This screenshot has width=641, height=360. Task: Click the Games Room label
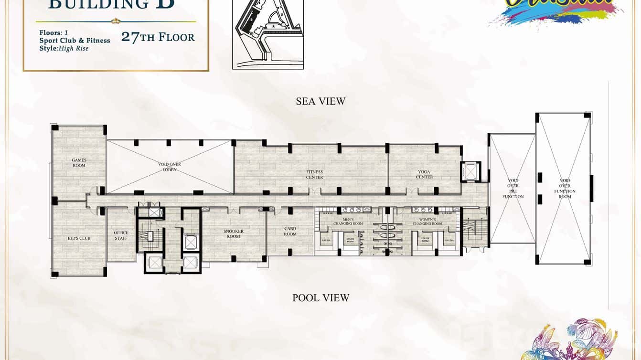click(x=79, y=162)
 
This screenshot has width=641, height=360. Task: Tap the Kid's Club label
click(x=79, y=238)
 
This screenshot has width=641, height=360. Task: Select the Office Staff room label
click(x=121, y=235)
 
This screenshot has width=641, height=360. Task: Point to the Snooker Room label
click(x=234, y=233)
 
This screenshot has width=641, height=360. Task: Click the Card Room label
click(x=290, y=231)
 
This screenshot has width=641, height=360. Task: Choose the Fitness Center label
click(x=315, y=174)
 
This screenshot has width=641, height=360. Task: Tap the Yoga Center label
click(x=424, y=174)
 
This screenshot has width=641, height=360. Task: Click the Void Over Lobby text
click(x=170, y=167)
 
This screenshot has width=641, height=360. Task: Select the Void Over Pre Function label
click(x=513, y=189)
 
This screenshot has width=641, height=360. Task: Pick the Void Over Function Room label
click(x=565, y=189)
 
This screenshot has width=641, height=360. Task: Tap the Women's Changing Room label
click(x=427, y=221)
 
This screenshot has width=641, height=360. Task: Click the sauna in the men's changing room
click(x=326, y=240)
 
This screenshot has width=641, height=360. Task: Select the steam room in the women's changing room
click(x=424, y=240)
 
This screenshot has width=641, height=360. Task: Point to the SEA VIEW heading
click(x=320, y=101)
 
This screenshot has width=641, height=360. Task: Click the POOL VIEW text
click(x=320, y=298)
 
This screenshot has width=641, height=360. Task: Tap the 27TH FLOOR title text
click(x=158, y=37)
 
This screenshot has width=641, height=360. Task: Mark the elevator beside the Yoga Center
click(x=470, y=171)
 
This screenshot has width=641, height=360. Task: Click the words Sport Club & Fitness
click(x=75, y=41)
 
